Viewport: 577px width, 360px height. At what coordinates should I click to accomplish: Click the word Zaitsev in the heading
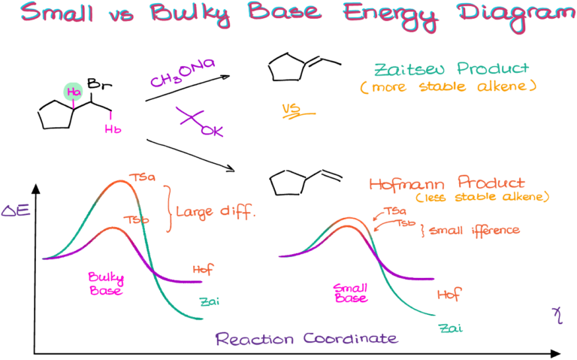click(407, 69)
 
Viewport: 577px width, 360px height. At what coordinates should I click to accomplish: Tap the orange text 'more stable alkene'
click(448, 87)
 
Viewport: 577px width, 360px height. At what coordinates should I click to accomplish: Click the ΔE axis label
click(16, 210)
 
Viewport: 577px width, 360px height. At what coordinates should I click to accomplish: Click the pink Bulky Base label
click(106, 283)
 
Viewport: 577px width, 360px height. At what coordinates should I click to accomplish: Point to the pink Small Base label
click(351, 292)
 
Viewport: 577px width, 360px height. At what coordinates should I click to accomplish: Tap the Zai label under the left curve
click(209, 302)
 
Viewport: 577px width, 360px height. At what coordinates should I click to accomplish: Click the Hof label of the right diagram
click(449, 294)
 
